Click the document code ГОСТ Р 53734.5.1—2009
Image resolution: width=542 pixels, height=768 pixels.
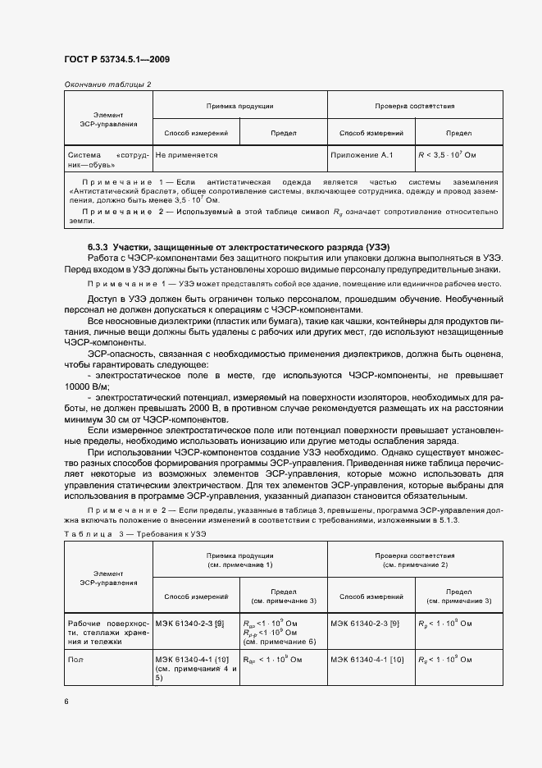click(x=116, y=59)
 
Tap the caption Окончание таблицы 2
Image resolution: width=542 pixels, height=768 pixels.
click(x=107, y=85)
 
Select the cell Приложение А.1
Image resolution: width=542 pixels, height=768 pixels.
click(x=362, y=154)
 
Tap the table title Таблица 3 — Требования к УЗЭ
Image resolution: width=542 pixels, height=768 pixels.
click(x=132, y=533)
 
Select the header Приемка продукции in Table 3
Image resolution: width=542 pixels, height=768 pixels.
click(x=239, y=560)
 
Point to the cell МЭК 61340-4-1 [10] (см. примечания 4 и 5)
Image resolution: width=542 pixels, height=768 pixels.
click(x=196, y=669)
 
